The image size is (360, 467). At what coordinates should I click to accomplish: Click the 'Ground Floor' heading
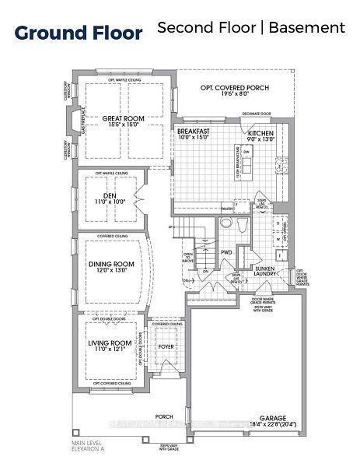click(79, 33)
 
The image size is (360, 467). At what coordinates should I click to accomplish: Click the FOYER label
click(166, 347)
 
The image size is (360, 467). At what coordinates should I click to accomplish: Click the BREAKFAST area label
click(194, 133)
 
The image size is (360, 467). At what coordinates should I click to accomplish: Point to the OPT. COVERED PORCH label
click(236, 88)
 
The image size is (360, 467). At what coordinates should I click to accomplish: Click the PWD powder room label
click(227, 253)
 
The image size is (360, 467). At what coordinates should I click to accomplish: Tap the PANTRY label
click(227, 209)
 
